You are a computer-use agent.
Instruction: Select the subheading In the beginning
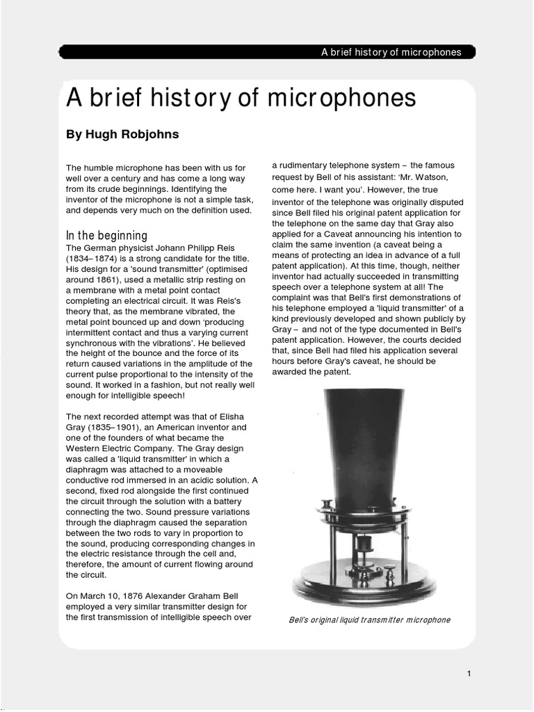point(106,236)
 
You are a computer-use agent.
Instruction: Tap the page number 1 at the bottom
point(470,673)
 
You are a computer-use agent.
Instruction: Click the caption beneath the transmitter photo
point(369,620)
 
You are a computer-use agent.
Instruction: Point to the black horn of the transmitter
point(368,445)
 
